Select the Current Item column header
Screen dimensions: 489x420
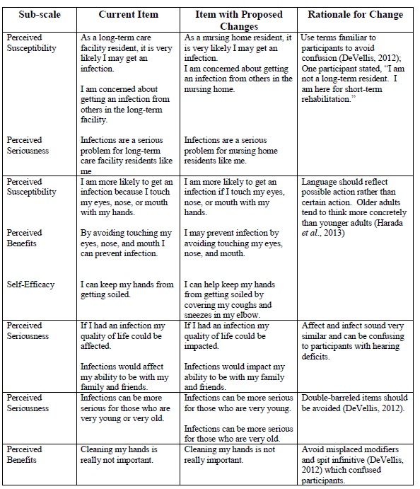[x=127, y=15]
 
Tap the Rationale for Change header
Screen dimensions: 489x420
[x=356, y=15]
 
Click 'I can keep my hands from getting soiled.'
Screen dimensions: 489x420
[x=127, y=289]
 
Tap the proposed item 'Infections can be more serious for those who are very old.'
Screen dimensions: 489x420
[x=238, y=434]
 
